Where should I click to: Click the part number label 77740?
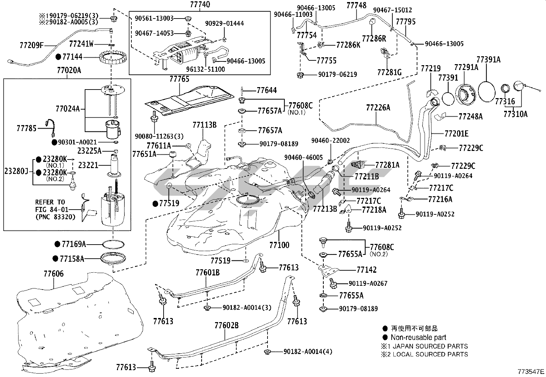click(200, 5)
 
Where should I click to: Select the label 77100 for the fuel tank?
click(279, 245)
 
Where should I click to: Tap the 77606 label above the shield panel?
click(54, 274)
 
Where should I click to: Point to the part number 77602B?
click(226, 325)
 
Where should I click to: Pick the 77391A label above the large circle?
click(488, 60)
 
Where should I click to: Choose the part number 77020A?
click(67, 71)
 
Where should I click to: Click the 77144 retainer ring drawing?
click(112, 59)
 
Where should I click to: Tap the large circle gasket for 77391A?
click(487, 91)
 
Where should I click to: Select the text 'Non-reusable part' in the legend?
click(418, 337)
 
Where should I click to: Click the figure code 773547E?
click(531, 372)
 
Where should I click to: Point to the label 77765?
click(179, 79)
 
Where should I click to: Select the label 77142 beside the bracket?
click(366, 270)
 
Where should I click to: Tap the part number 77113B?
click(204, 125)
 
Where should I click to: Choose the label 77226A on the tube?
click(378, 108)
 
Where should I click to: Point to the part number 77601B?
click(207, 273)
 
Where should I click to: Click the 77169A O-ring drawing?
click(113, 244)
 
